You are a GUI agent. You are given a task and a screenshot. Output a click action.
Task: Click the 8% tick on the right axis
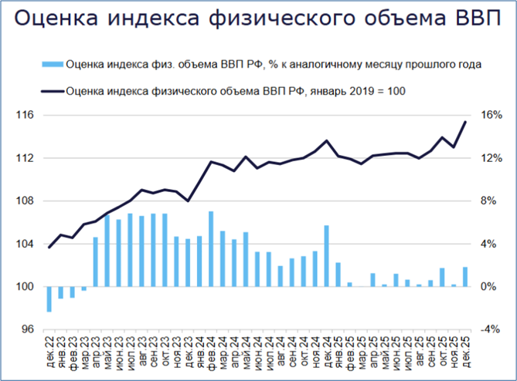click(491, 201)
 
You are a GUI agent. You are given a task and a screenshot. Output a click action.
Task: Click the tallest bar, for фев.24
click(211, 249)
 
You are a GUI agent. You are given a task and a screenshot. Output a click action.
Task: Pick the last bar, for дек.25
click(465, 277)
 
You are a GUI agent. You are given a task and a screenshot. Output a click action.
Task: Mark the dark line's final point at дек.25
click(465, 121)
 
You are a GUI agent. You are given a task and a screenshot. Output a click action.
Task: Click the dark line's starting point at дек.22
click(49, 247)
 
